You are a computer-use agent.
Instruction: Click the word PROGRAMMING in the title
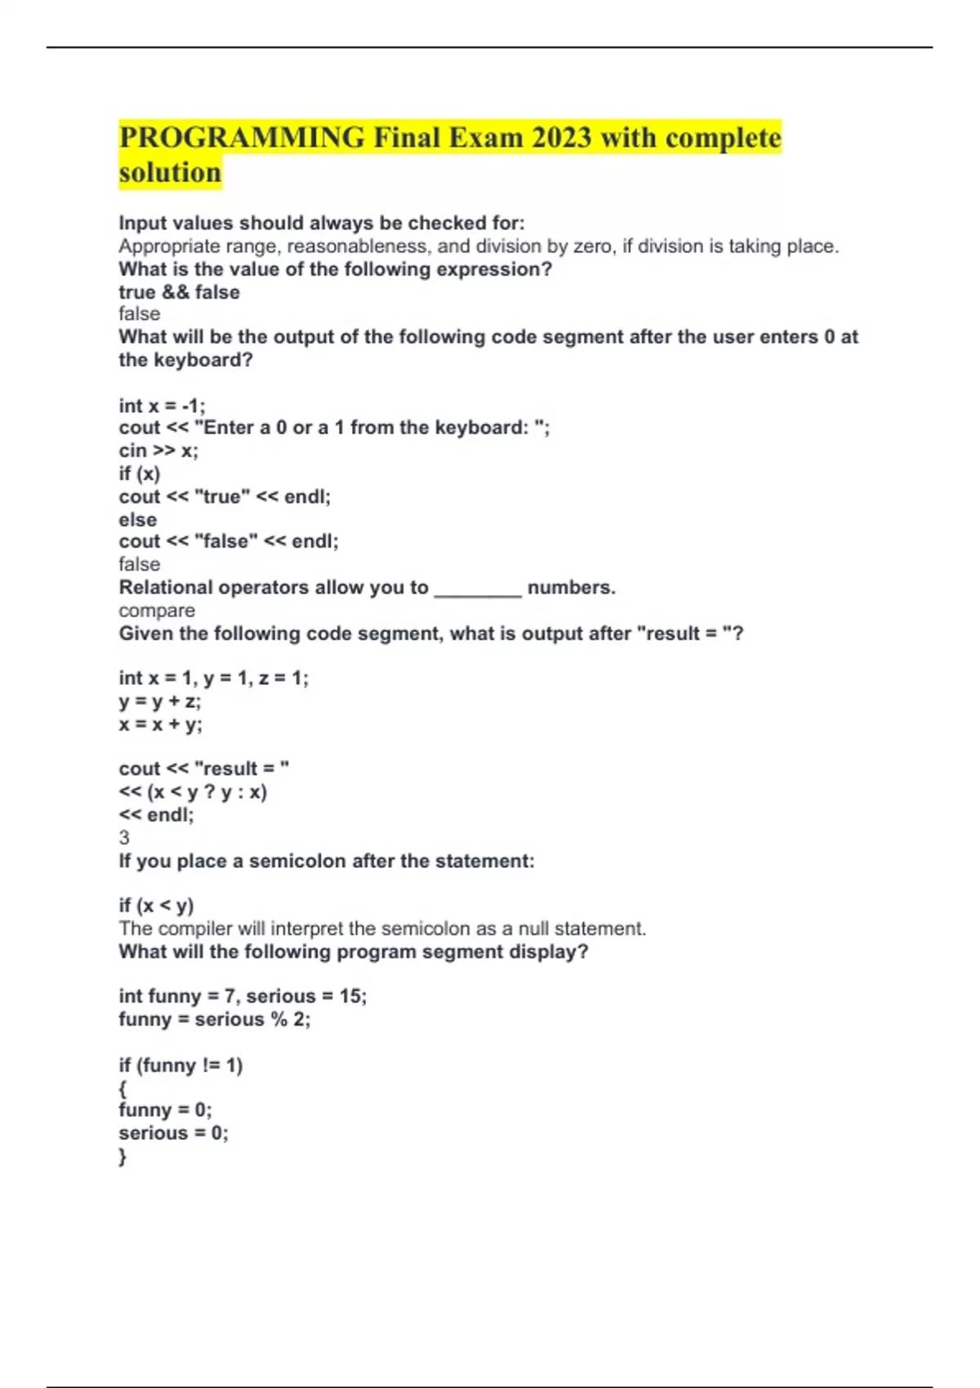pyautogui.click(x=242, y=137)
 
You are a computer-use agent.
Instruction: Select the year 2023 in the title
pyautogui.click(x=561, y=137)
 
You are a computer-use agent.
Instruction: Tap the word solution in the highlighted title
pyautogui.click(x=170, y=173)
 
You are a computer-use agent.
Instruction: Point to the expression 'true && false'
pyautogui.click(x=179, y=292)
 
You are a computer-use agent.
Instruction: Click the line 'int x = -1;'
pyautogui.click(x=162, y=406)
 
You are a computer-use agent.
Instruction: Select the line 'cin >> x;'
pyautogui.click(x=158, y=451)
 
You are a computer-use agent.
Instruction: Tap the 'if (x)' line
pyautogui.click(x=140, y=474)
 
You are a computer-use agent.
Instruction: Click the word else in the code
pyautogui.click(x=137, y=520)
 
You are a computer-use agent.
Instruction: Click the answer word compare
pyautogui.click(x=157, y=611)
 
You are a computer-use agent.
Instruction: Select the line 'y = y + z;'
pyautogui.click(x=159, y=701)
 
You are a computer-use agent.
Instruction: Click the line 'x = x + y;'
pyautogui.click(x=160, y=724)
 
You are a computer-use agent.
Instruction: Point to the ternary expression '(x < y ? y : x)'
pyautogui.click(x=207, y=792)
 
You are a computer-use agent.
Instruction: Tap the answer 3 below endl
pyautogui.click(x=124, y=838)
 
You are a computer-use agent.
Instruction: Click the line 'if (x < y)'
pyautogui.click(x=156, y=905)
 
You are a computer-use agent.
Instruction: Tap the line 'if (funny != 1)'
pyautogui.click(x=180, y=1065)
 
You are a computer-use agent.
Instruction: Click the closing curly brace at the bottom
pyautogui.click(x=122, y=1156)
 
